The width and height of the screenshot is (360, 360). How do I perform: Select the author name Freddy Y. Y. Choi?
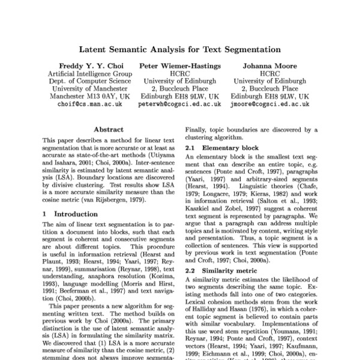(89, 65)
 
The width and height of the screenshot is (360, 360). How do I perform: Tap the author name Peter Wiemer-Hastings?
(180, 65)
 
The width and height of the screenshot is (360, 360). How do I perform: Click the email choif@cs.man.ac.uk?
(89, 104)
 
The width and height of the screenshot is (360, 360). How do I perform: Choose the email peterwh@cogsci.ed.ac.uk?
(180, 104)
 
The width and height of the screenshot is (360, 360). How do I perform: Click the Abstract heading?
(109, 129)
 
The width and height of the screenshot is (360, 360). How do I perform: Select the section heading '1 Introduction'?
(68, 214)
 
